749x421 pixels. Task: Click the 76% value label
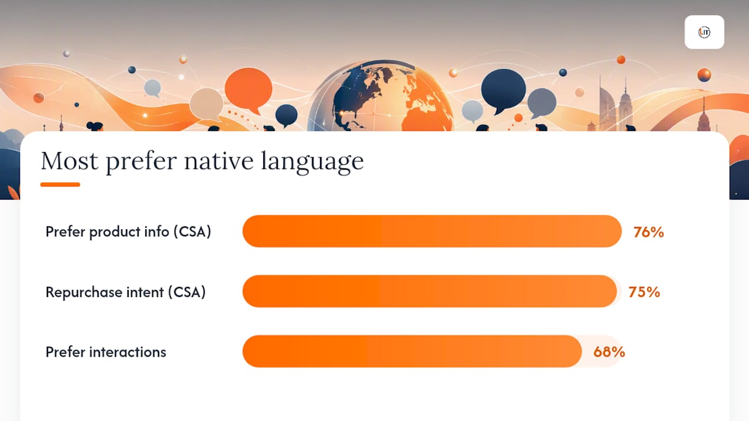click(648, 232)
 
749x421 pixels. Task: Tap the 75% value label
click(644, 292)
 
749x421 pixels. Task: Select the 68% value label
click(609, 352)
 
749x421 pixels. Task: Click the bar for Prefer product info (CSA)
click(432, 231)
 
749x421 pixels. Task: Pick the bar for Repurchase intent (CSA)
click(430, 291)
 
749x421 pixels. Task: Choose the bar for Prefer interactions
click(413, 351)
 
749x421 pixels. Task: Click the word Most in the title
click(70, 161)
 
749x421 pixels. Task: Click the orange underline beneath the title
click(60, 184)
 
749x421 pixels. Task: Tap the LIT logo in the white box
click(704, 32)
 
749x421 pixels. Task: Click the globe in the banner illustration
click(380, 96)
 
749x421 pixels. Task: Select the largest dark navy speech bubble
click(503, 90)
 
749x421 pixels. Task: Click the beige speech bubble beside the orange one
click(207, 104)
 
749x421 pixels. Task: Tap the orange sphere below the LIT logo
click(704, 75)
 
